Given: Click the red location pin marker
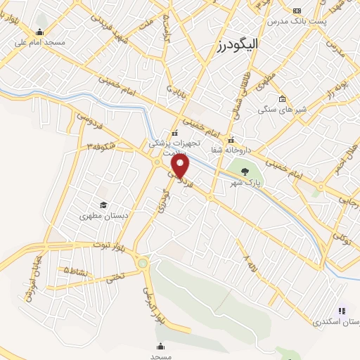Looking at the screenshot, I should [x=181, y=167].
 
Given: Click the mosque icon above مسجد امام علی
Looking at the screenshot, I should [x=39, y=32].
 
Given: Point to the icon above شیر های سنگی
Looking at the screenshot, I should [x=282, y=98].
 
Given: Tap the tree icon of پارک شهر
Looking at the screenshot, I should [x=245, y=171].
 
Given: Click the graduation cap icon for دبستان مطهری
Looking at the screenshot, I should [x=103, y=205].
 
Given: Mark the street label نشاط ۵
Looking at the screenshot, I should [x=76, y=270].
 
